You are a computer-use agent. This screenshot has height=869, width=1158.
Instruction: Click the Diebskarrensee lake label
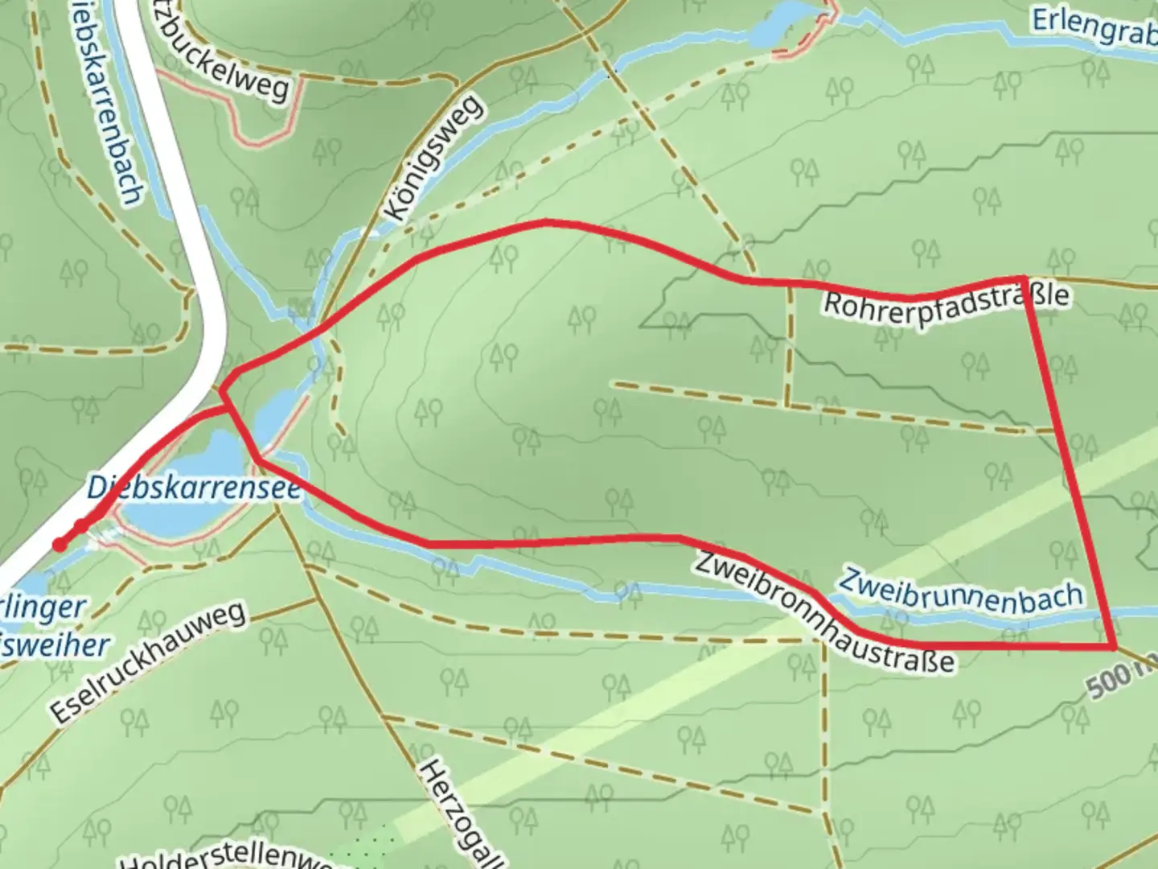(x=193, y=488)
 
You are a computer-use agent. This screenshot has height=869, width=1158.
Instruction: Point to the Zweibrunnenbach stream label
(x=961, y=594)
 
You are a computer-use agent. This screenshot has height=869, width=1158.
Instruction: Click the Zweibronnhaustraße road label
(x=824, y=612)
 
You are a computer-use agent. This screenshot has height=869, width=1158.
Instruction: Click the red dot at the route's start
(x=60, y=545)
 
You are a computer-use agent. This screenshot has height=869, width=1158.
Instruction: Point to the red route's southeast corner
(x=1115, y=646)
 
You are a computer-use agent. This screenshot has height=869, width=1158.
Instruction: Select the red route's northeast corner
(x=1025, y=278)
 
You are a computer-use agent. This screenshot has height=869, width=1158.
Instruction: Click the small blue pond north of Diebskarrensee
(x=274, y=411)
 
